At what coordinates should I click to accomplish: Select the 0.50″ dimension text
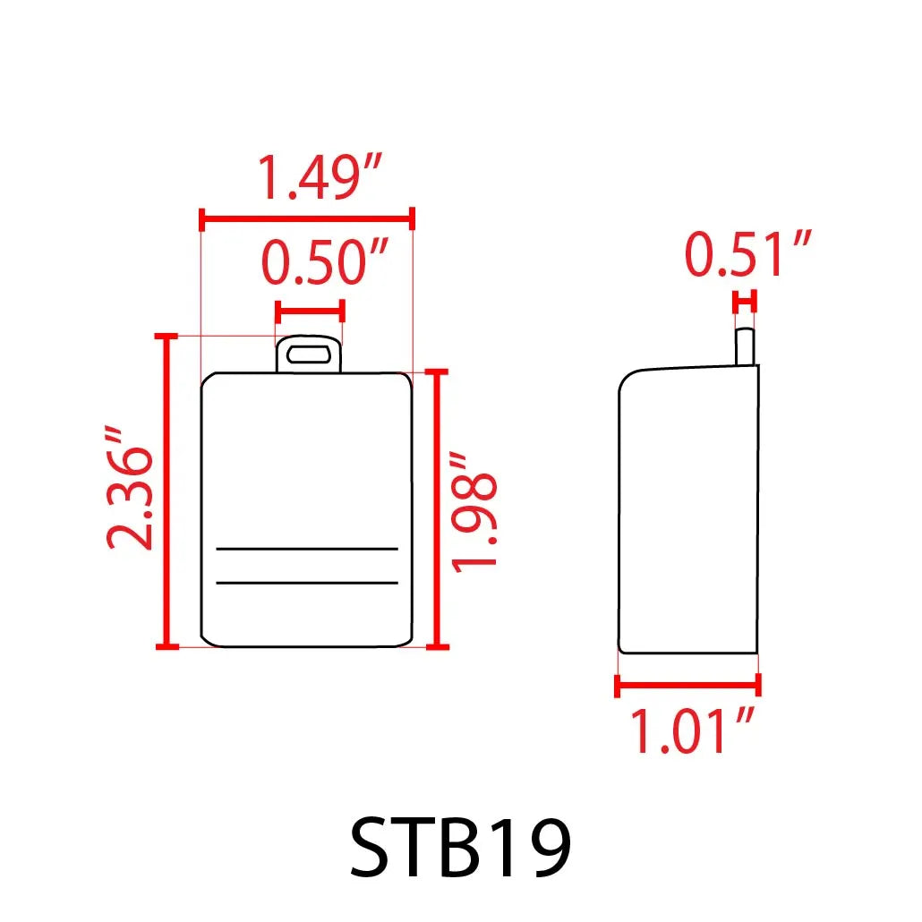325,265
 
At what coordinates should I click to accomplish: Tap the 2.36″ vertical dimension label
126,488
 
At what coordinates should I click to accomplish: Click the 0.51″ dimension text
748,254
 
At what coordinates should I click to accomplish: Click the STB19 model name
460,847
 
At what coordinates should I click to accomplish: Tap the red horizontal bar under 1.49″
307,218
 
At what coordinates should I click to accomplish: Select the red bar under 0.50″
310,312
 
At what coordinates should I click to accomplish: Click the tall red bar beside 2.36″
163,491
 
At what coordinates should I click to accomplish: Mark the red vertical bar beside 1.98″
438,508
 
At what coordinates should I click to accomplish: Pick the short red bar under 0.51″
745,302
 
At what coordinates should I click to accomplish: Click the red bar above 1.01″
687,686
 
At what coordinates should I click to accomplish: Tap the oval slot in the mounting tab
309,354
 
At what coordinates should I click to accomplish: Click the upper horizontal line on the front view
307,548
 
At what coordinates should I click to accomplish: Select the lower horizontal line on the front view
307,583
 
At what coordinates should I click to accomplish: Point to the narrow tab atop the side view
745,347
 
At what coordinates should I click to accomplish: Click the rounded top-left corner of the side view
629,380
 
